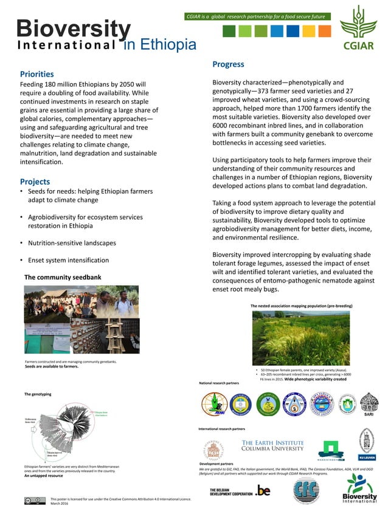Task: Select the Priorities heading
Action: coord(36,74)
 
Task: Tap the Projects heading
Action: coord(35,182)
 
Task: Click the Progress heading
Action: coord(228,64)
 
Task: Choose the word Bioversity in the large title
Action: coord(74,29)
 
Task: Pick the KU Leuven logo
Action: coord(365,443)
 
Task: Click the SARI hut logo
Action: coord(369,405)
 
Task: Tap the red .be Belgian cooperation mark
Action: coord(263,490)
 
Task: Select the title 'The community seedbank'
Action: coord(63,277)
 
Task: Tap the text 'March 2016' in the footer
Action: coord(60,503)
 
